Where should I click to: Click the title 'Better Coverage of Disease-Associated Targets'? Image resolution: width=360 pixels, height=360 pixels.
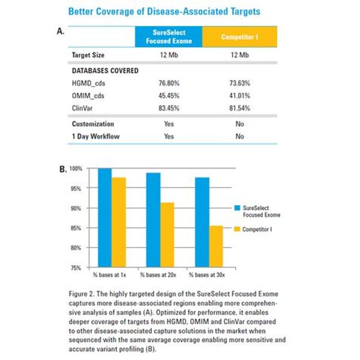click(164, 11)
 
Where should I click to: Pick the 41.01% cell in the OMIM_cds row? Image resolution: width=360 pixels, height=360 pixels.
click(239, 95)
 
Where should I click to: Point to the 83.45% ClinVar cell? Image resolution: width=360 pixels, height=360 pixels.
click(169, 108)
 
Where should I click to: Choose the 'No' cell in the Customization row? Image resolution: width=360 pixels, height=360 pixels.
click(239, 124)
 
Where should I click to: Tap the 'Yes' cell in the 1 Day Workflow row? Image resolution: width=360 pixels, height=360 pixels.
click(169, 136)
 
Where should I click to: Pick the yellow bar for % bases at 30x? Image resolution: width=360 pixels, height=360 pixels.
click(215, 246)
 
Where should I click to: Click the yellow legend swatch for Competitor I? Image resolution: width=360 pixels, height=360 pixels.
click(236, 229)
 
